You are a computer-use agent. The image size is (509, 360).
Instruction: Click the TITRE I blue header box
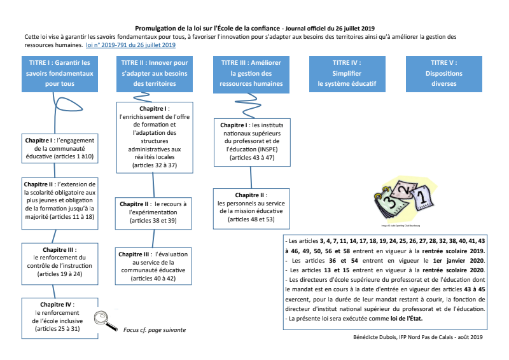[x=59, y=73]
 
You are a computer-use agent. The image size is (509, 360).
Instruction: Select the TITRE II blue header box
[x=154, y=73]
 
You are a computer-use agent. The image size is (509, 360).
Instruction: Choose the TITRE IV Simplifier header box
[x=347, y=73]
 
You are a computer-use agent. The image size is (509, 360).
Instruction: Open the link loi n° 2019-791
[x=130, y=46]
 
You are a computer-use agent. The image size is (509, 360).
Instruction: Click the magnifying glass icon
[x=102, y=320]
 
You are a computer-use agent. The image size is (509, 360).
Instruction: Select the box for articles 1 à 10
[x=59, y=148]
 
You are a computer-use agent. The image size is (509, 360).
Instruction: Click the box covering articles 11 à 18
[x=59, y=200]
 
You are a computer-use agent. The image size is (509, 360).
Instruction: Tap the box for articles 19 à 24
[x=59, y=261]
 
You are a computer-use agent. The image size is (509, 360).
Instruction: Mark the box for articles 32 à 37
[x=154, y=137]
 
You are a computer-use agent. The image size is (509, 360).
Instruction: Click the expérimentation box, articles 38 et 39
[x=154, y=212]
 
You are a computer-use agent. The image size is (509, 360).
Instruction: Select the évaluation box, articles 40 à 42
[x=154, y=265]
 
